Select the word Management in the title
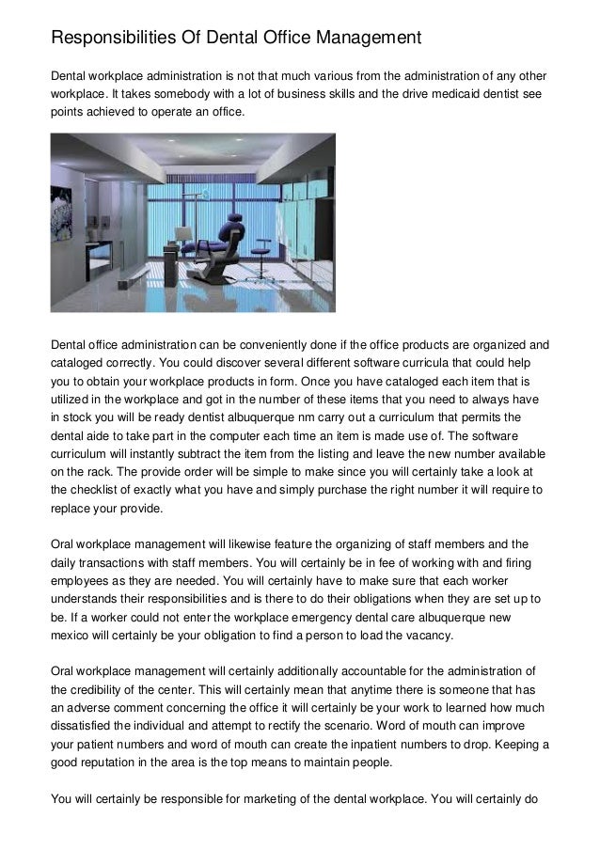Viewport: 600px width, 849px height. [359, 39]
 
